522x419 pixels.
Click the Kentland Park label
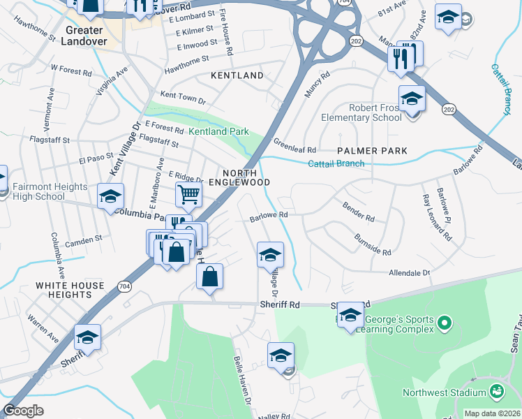click(218, 131)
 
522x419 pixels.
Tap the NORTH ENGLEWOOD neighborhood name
click(246, 177)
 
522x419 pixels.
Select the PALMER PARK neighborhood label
click(372, 151)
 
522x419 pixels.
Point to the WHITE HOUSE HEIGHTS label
click(70, 291)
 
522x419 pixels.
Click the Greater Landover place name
click(86, 36)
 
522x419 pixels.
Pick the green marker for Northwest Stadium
click(497, 391)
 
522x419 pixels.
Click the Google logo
click(24, 411)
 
